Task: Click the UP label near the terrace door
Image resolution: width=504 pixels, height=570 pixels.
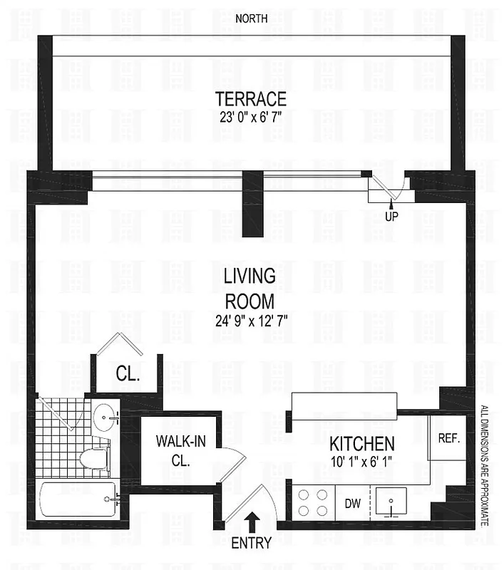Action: [x=391, y=214]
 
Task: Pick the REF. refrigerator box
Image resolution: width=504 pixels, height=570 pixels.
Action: [x=448, y=438]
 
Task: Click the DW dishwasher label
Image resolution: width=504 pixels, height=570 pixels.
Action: [x=353, y=504]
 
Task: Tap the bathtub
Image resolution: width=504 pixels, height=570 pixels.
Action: [x=77, y=501]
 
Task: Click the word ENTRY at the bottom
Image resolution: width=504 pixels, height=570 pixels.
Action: [x=251, y=543]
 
